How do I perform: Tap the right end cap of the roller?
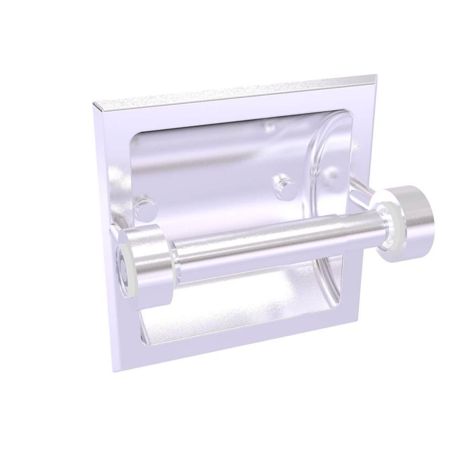click(x=406, y=224)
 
